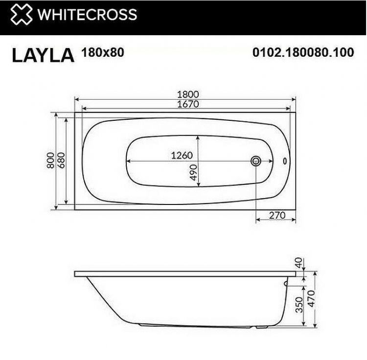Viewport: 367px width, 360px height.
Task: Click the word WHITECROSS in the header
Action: coord(87,15)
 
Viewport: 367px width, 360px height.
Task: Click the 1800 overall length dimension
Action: coord(185,94)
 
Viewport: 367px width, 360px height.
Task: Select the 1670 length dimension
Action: coord(185,104)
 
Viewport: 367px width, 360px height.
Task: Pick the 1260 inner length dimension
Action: coord(182,156)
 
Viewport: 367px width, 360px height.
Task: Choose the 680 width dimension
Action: coord(61,160)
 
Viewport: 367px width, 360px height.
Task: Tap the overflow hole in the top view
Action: coord(287,160)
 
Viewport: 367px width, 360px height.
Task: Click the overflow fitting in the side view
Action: coord(286,283)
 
